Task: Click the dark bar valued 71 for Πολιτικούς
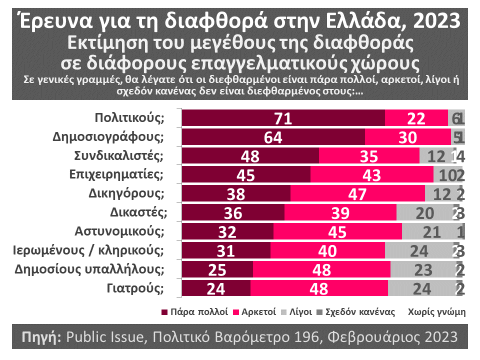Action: pos(283,118)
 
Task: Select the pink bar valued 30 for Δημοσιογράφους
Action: pos(408,137)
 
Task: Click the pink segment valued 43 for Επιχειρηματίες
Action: pos(372,175)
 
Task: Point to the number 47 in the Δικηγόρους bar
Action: pos(357,194)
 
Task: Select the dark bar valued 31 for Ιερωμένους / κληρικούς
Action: pos(226,251)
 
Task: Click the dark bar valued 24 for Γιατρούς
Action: pos(216,289)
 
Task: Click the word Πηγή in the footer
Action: pos(41,336)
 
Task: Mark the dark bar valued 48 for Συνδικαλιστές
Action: pos(250,156)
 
